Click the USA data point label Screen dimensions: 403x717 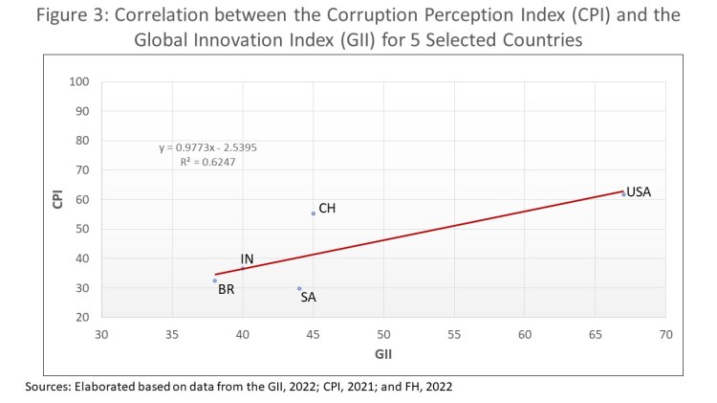tap(639, 192)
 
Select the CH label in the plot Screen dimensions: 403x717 tap(327, 208)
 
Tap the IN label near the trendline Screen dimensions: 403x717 tap(247, 259)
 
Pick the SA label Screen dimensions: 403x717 tap(308, 297)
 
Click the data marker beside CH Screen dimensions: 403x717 tap(314, 213)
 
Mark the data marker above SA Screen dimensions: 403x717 tap(299, 288)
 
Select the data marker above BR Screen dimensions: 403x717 tap(215, 280)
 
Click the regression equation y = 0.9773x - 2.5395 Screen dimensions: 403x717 tap(207, 148)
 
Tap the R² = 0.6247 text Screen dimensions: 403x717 tap(207, 163)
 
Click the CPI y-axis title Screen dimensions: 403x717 tap(57, 199)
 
